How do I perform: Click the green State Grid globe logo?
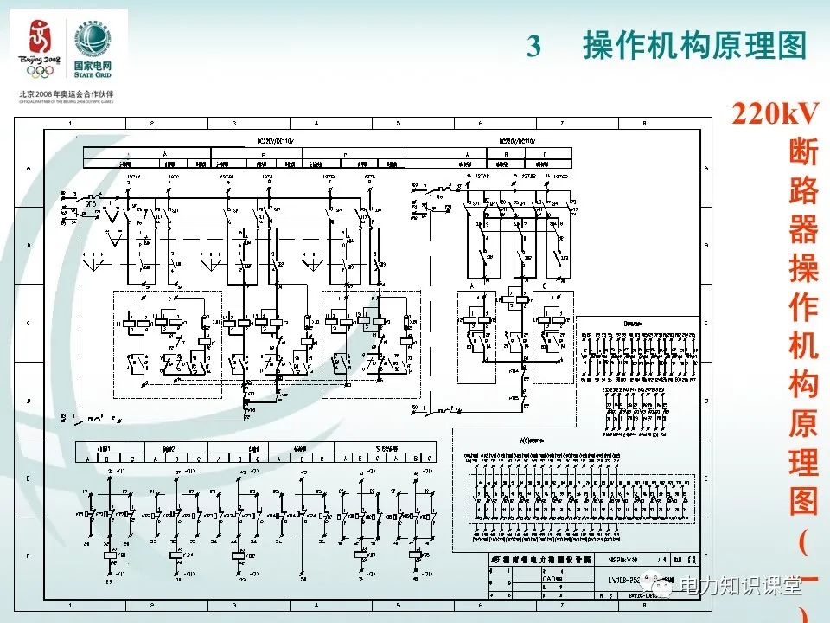pyautogui.click(x=92, y=37)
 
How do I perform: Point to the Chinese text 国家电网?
pyautogui.click(x=92, y=66)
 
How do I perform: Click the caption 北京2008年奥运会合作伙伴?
pyautogui.click(x=65, y=93)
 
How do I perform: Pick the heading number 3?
pyautogui.click(x=533, y=46)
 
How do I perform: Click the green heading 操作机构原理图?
pyautogui.click(x=694, y=46)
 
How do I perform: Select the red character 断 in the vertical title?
pyautogui.click(x=803, y=152)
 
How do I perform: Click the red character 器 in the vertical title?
pyautogui.click(x=803, y=230)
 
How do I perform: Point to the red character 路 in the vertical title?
pyautogui.click(x=803, y=191)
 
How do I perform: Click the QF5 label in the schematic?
pyautogui.click(x=91, y=202)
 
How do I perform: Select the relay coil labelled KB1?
pyautogui.click(x=110, y=555)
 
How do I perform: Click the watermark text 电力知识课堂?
pyautogui.click(x=741, y=588)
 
